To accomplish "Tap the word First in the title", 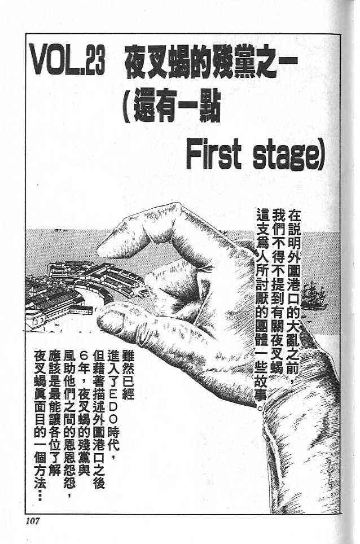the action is pos(213,156).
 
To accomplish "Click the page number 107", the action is pos(33,521).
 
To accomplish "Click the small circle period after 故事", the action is pos(261,408).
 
